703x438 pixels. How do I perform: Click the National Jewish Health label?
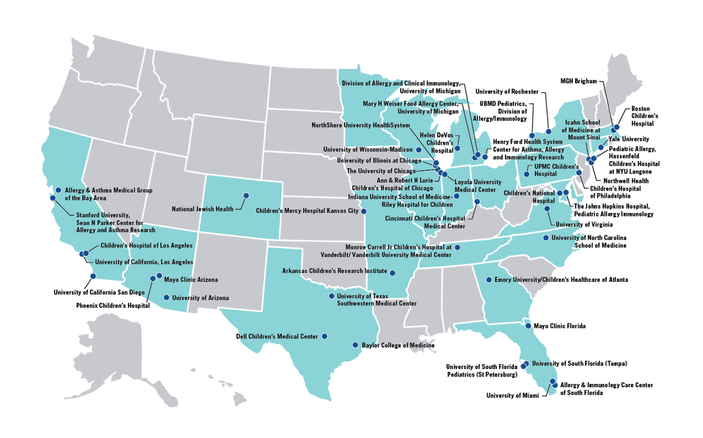click(202, 209)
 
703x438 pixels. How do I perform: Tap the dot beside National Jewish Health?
click(246, 195)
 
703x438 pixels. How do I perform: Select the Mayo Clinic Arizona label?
click(191, 280)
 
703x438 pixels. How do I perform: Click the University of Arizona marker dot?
click(166, 297)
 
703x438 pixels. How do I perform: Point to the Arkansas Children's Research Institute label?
click(335, 271)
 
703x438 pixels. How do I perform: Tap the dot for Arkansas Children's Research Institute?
click(393, 273)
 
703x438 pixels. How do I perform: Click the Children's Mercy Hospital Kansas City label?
click(307, 211)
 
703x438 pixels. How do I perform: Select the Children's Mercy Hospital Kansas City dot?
click(363, 210)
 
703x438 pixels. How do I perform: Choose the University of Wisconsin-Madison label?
click(368, 149)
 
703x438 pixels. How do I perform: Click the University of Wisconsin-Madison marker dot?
click(418, 150)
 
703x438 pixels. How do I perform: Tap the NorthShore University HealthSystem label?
click(360, 126)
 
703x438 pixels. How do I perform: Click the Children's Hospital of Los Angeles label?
click(146, 245)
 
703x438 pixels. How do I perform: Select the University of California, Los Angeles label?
click(144, 262)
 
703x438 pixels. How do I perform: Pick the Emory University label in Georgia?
click(524, 280)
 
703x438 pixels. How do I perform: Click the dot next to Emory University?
click(489, 280)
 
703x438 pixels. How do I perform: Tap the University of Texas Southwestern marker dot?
click(331, 296)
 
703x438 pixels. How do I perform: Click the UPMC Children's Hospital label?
click(553, 169)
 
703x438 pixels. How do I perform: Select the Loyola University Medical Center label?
click(478, 186)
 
